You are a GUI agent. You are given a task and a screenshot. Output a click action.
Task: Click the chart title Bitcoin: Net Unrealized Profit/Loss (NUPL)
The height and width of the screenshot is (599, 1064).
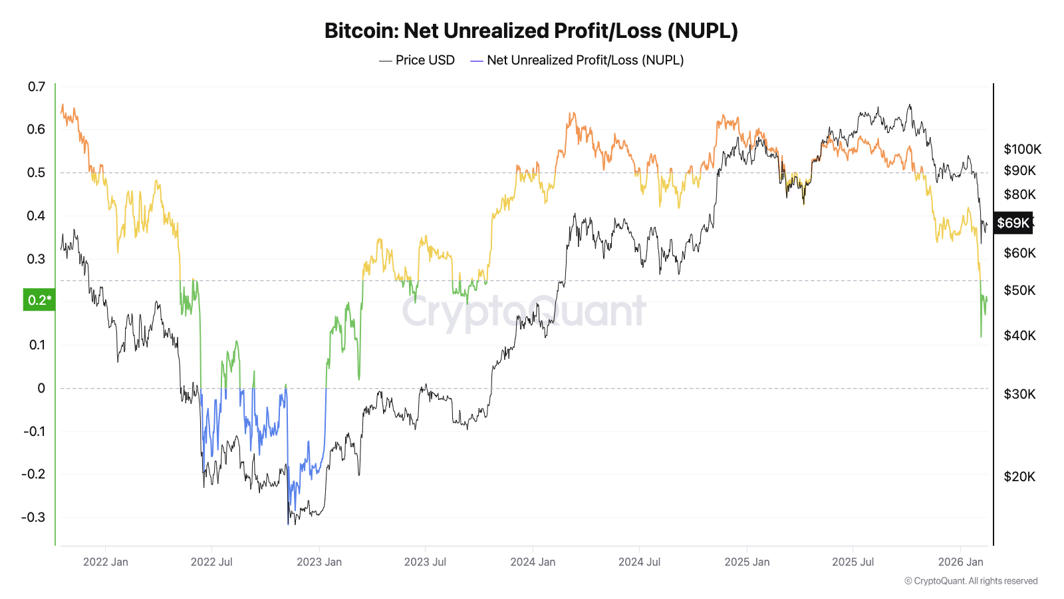531,31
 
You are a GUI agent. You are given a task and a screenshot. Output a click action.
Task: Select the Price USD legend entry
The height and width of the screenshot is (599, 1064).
418,60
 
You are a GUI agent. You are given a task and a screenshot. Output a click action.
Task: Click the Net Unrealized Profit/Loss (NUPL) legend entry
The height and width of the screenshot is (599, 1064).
577,60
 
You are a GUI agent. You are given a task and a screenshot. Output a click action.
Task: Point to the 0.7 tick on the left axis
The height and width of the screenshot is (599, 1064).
37,87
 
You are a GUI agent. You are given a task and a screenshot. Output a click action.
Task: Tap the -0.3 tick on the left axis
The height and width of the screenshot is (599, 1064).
33,517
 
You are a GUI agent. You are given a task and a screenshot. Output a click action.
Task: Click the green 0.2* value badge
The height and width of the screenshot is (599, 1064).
39,300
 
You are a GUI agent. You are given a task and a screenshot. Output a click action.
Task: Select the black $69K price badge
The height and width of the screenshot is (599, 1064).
1013,223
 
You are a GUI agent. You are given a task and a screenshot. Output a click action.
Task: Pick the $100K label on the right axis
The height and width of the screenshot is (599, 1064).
1022,149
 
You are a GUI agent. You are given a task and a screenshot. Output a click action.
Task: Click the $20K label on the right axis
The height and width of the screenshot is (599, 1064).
1019,477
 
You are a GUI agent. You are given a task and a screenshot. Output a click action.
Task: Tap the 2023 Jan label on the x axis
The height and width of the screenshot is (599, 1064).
319,562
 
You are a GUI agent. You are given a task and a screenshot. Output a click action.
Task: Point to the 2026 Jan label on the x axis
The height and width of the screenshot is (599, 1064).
960,562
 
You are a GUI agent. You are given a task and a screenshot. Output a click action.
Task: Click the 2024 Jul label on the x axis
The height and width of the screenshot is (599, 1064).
639,562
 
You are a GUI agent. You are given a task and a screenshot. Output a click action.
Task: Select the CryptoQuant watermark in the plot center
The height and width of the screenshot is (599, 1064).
523,311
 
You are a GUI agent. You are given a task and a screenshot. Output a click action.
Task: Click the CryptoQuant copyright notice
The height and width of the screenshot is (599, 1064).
971,581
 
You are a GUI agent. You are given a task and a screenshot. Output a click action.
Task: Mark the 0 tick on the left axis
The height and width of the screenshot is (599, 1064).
41,388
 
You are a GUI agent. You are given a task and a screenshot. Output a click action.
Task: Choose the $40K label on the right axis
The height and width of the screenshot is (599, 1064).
1019,335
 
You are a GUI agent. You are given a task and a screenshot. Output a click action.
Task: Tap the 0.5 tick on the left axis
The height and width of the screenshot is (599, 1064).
37,172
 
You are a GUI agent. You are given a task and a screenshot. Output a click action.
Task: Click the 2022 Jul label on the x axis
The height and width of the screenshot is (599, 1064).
211,562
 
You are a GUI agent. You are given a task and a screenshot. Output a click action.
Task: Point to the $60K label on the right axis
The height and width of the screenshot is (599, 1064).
1019,253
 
